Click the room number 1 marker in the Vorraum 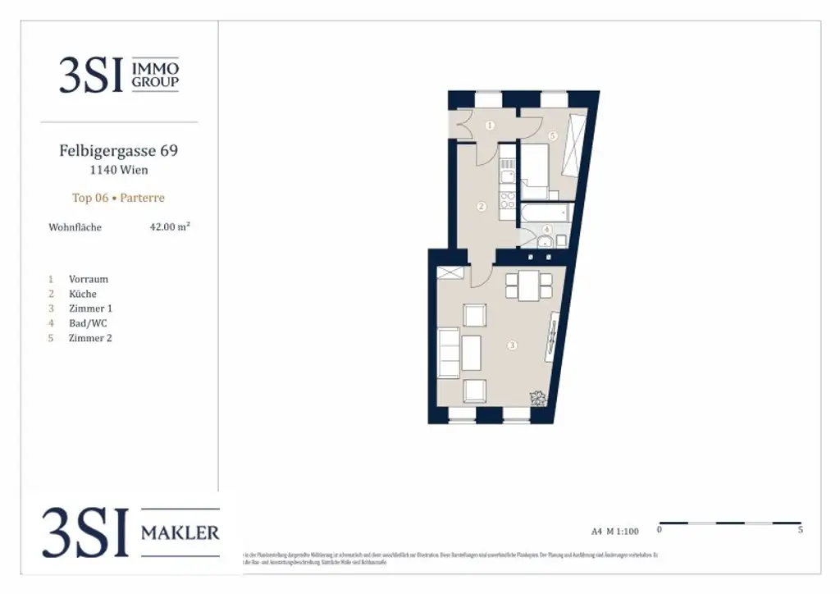click(x=490, y=126)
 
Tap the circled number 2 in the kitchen click(x=482, y=206)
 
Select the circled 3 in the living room click(x=512, y=345)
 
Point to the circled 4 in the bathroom click(x=546, y=229)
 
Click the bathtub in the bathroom click(x=543, y=214)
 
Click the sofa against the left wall click(x=449, y=352)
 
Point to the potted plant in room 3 click(x=538, y=399)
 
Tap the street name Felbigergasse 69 click(x=118, y=151)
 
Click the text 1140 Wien click(x=118, y=171)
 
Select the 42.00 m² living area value click(x=170, y=227)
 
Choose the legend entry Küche click(x=83, y=294)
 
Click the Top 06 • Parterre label click(x=118, y=198)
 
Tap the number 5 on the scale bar click(x=800, y=531)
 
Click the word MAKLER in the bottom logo click(x=180, y=533)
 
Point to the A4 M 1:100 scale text click(x=614, y=531)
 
